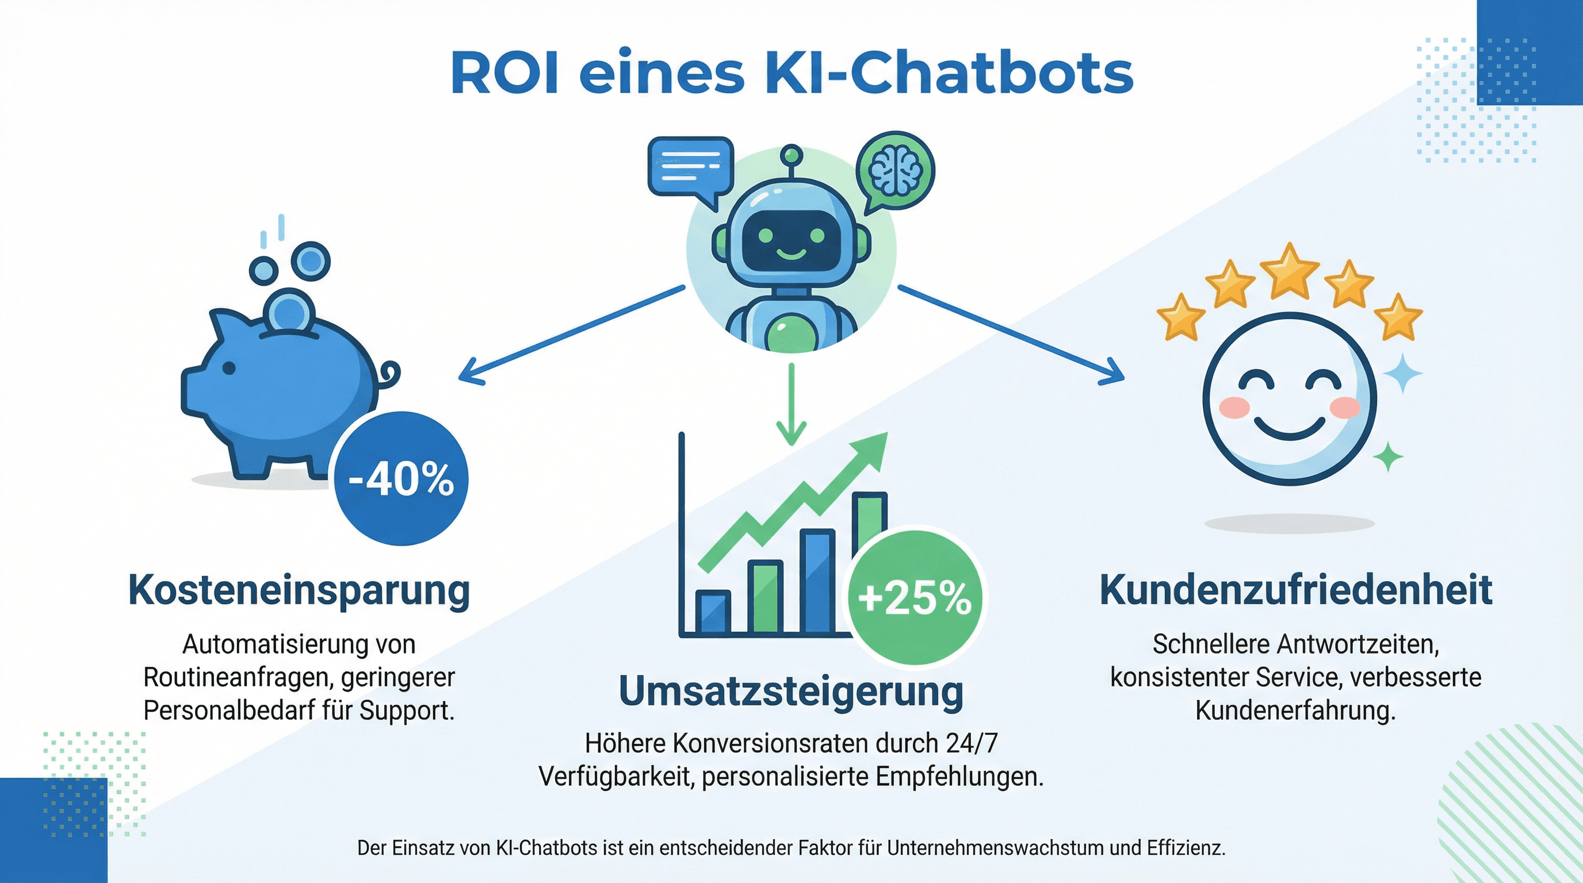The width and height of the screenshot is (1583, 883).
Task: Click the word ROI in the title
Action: [504, 74]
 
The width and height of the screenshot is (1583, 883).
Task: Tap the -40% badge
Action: [401, 479]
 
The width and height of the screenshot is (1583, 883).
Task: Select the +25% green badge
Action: [915, 597]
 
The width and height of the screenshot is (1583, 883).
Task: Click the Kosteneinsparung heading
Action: [299, 591]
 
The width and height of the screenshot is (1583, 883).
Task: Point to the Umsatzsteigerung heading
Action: [791, 692]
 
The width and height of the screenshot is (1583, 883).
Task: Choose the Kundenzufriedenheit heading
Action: [1295, 591]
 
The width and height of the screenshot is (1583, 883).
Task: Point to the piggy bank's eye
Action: [228, 368]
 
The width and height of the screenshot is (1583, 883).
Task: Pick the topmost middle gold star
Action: [1288, 271]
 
